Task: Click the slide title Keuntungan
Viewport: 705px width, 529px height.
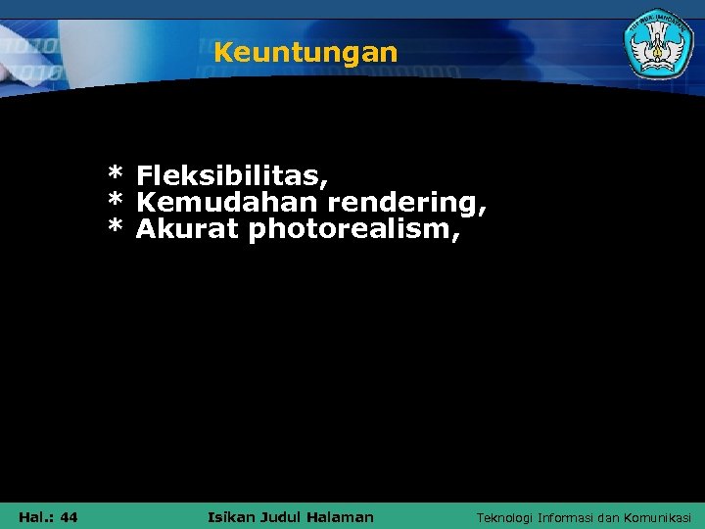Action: [305, 52]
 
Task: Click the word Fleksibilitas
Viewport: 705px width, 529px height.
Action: [231, 176]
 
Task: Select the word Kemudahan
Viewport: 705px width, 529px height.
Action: [227, 203]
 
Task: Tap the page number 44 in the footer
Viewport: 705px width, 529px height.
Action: [70, 517]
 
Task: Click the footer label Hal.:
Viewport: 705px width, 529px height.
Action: [35, 517]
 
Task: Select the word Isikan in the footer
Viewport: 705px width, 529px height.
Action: [232, 516]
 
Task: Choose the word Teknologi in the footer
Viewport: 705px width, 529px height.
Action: [504, 517]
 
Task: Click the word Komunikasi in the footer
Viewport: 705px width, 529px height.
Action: [657, 517]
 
